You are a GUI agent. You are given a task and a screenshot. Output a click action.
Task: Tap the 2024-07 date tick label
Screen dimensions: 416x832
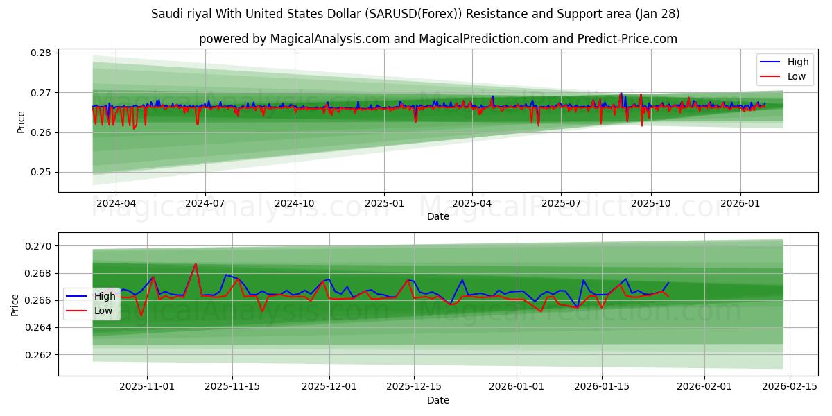click(x=205, y=204)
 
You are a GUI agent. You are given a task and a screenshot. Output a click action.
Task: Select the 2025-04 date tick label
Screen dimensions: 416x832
click(x=472, y=204)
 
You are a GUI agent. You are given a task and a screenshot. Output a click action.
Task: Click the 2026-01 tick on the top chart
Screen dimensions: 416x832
click(x=740, y=204)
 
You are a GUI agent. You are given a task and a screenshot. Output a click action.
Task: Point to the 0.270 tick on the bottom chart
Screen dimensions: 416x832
click(x=39, y=246)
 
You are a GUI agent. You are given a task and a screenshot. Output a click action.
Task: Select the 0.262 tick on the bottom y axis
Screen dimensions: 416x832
click(x=39, y=355)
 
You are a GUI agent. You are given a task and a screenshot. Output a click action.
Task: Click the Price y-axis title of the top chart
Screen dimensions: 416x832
click(x=21, y=122)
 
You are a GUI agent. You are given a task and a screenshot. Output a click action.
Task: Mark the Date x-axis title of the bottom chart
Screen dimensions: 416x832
click(x=437, y=400)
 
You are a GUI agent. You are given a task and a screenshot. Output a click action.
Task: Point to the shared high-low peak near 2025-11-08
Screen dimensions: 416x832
click(x=196, y=263)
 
